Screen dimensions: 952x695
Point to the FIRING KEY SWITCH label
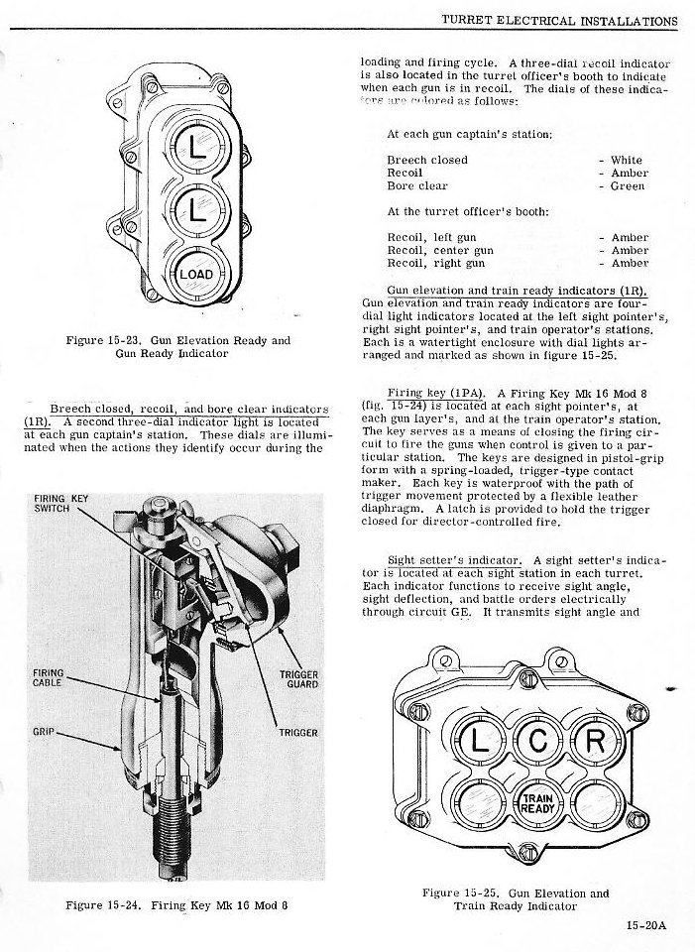tap(61, 503)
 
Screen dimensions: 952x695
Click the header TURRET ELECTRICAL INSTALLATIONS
tap(558, 21)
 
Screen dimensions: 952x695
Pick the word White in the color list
tap(627, 160)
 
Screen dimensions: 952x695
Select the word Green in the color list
tap(629, 185)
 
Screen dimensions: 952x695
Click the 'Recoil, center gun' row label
tap(440, 251)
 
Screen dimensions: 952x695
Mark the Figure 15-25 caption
tap(516, 899)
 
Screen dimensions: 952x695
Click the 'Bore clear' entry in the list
tap(416, 185)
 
